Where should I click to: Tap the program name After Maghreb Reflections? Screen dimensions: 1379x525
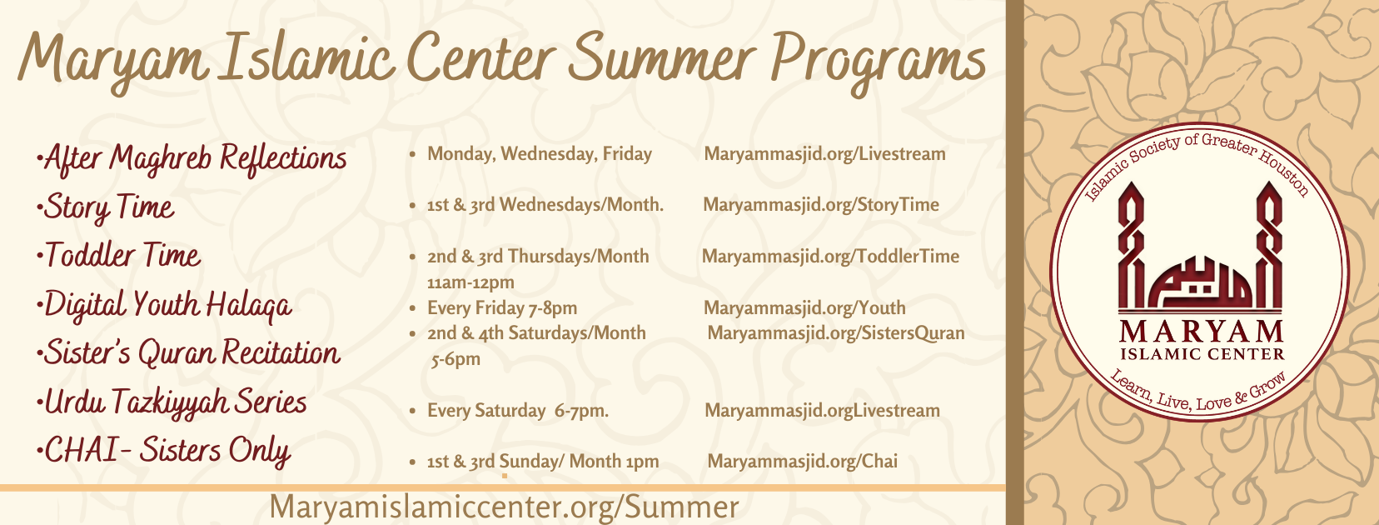tap(192, 159)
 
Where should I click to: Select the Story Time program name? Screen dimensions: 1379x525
tap(106, 207)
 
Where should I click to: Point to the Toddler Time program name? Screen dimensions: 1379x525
tap(119, 255)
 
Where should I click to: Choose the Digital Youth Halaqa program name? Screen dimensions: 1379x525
tap(164, 305)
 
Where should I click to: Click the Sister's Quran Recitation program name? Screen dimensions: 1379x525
tap(188, 352)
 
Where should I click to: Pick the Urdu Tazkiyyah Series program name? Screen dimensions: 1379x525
tap(172, 402)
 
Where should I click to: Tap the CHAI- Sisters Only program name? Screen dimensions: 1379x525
tap(164, 451)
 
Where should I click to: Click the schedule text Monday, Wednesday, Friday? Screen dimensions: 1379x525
tap(540, 154)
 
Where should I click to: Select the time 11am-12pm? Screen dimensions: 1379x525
tap(470, 282)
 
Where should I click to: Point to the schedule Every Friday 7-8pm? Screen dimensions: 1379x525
tap(502, 308)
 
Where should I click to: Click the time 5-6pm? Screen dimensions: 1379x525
tap(456, 359)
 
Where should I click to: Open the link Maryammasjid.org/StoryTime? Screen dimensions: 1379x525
tap(820, 205)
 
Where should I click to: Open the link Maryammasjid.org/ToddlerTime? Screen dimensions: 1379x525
tap(830, 257)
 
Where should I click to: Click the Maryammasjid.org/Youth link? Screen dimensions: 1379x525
tap(804, 308)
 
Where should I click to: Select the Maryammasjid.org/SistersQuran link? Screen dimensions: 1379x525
tap(836, 333)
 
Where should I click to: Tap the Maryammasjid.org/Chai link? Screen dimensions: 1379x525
tap(802, 462)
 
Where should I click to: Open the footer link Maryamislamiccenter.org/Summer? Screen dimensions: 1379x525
tap(504, 507)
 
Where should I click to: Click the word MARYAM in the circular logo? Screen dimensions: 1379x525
tap(1201, 332)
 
